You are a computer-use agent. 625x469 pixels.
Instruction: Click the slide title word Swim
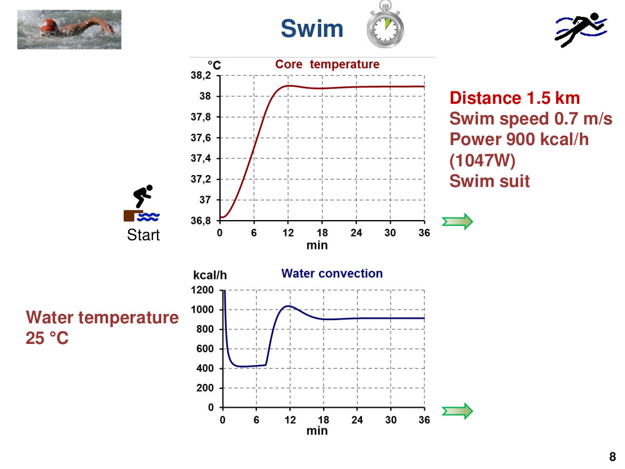coord(312,29)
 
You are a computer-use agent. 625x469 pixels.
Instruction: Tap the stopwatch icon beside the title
coord(385,25)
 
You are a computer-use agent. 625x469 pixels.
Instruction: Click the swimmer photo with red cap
coord(69,30)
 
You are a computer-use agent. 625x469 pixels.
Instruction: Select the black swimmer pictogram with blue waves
coord(581,30)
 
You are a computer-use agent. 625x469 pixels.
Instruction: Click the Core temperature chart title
coord(327,64)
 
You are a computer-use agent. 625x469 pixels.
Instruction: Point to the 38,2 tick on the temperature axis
coord(201,76)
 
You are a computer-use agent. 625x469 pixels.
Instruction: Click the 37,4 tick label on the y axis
coord(201,158)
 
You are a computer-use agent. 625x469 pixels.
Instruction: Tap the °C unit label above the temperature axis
coord(214,65)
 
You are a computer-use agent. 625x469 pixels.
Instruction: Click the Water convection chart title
coord(332,274)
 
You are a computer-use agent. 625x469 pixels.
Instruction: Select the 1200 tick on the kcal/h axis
coord(202,290)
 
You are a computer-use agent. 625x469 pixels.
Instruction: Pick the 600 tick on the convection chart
coord(205,348)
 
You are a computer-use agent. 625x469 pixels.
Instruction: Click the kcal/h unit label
coord(210,275)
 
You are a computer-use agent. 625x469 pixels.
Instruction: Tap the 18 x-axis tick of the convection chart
coord(323,420)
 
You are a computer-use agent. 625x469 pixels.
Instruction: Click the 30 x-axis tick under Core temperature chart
coord(390,233)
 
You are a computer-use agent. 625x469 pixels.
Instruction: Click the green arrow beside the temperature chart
coord(457,221)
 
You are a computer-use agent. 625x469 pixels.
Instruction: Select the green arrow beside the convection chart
coord(457,411)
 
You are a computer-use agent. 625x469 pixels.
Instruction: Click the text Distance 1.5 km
coord(514,98)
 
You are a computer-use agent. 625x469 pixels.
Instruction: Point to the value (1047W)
coord(482,160)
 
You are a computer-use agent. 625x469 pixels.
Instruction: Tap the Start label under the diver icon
coord(143,235)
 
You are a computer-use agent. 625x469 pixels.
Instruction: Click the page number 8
coord(612,456)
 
